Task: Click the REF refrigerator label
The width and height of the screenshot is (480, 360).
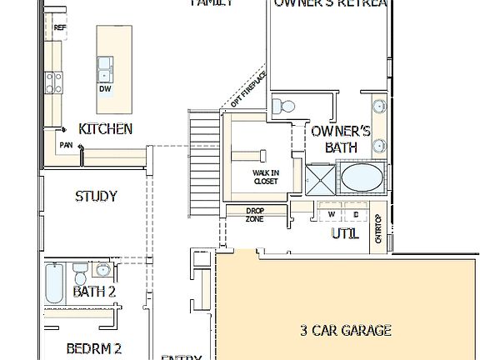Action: tap(59, 27)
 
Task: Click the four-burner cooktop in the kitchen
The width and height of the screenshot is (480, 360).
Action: tap(54, 82)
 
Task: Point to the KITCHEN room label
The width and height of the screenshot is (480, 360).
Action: tap(105, 128)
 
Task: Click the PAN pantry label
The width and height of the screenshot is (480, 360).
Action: tap(66, 145)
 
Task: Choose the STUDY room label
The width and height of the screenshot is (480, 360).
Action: tap(96, 197)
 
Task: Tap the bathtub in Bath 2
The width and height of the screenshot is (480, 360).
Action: tap(53, 283)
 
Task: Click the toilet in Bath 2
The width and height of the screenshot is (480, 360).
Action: tap(79, 274)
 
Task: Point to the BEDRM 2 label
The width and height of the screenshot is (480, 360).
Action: tap(94, 347)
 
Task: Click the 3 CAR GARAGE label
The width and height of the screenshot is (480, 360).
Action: tap(345, 330)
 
